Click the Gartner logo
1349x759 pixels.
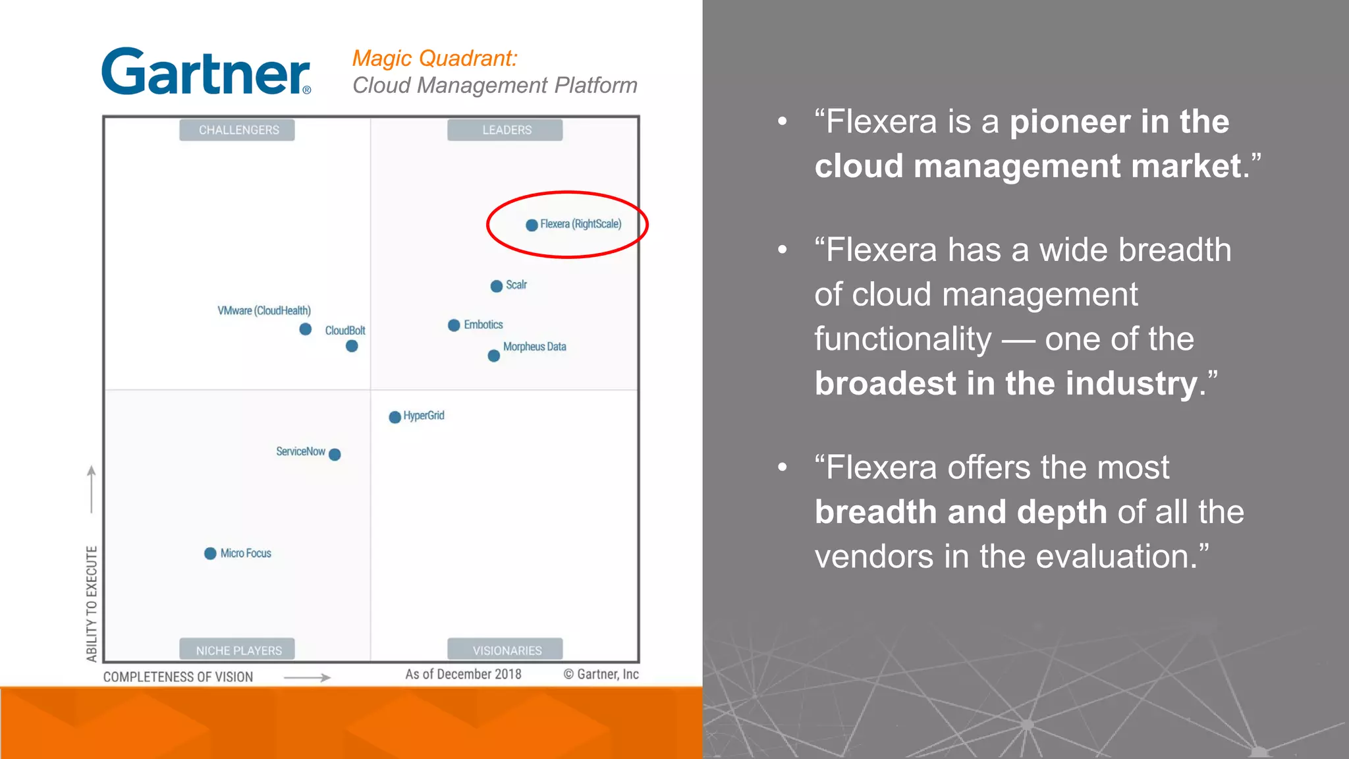point(206,72)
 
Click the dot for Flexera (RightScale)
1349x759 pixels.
point(532,225)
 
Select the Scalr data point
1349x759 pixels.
point(497,286)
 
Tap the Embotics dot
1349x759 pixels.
point(454,325)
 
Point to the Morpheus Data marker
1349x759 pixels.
point(494,356)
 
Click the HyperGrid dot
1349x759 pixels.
point(395,417)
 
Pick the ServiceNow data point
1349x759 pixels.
point(335,455)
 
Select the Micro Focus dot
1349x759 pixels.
point(210,553)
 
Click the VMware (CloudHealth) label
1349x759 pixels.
point(264,310)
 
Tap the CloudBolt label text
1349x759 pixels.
point(345,330)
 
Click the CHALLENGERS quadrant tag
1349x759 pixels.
point(238,130)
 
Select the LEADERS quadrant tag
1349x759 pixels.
point(506,130)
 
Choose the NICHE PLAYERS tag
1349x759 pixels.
point(238,650)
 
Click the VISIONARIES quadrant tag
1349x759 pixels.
point(506,650)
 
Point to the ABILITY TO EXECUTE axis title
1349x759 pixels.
point(92,603)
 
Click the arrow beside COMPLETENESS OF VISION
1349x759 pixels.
point(307,677)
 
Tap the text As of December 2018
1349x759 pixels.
point(463,674)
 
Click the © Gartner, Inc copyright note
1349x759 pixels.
point(601,674)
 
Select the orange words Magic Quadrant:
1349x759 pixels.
point(435,59)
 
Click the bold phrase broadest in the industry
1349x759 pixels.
point(1006,383)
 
